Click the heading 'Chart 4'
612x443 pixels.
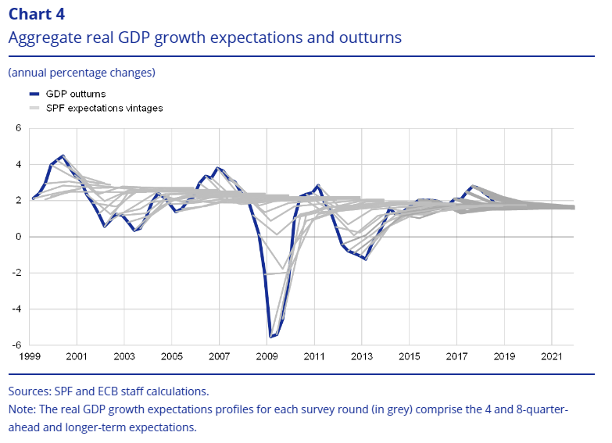pos(37,14)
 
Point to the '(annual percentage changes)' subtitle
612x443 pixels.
pos(81,73)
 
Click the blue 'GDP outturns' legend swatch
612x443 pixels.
pos(32,94)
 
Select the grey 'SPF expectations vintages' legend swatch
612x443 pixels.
pos(32,109)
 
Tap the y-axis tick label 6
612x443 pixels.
pos(19,128)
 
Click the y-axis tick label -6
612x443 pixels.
pos(16,345)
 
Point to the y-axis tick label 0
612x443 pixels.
pos(19,237)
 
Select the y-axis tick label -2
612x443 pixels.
pos(16,273)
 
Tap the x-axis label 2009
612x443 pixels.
pos(267,357)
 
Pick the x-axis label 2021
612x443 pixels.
pos(552,357)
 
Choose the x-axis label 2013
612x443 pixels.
pos(362,357)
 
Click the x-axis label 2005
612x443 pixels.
pos(172,357)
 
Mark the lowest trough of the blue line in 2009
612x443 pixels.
pos(270,337)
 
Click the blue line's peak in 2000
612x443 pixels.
pos(63,155)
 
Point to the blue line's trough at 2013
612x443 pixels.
pos(365,259)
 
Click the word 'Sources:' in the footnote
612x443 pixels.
pos(30,391)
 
